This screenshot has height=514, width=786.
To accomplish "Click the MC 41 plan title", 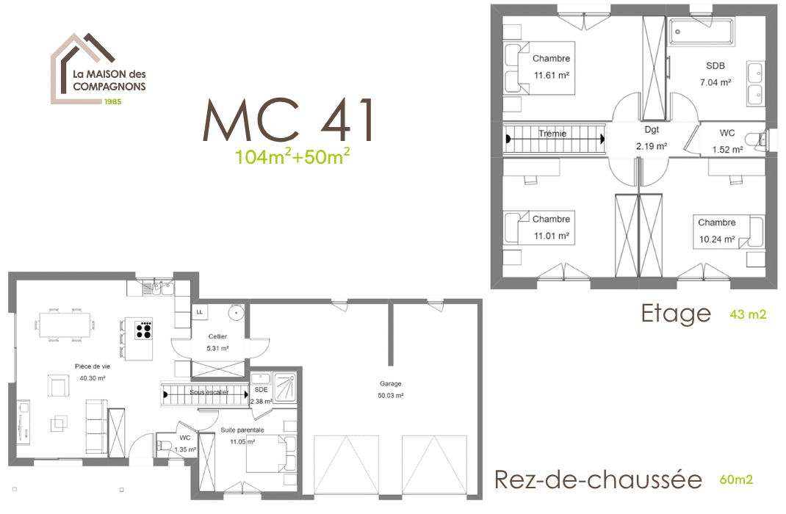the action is [288, 120].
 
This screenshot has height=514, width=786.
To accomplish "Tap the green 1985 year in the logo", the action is [113, 101].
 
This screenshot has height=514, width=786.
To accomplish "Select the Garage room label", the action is [391, 384].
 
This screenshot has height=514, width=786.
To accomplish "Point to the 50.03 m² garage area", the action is [391, 396].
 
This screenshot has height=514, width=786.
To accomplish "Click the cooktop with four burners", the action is [143, 329].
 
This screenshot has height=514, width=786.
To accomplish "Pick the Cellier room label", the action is [217, 336].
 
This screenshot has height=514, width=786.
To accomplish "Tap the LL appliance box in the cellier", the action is [200, 312].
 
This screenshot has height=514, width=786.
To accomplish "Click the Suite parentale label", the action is [242, 430].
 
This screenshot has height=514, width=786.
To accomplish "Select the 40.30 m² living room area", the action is [93, 378].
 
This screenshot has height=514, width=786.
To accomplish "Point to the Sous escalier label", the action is [209, 392].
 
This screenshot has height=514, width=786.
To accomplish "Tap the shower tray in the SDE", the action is [285, 387].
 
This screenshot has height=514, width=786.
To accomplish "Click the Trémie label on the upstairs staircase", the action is [552, 134].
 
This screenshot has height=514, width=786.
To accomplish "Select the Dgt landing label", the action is [652, 130].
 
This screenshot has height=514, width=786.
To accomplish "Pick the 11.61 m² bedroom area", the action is [552, 76].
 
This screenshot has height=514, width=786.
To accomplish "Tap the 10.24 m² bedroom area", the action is [717, 239].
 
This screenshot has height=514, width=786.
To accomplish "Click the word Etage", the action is [676, 314].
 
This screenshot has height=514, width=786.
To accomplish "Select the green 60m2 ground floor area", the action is [736, 479].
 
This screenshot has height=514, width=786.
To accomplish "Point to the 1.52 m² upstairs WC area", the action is [727, 150].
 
